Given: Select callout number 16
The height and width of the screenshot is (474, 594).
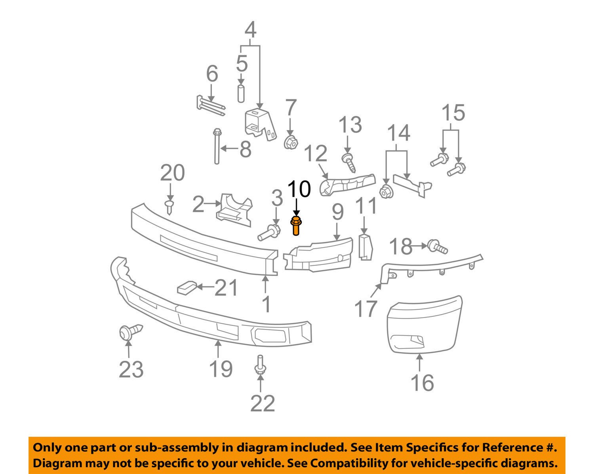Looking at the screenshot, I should [422, 383].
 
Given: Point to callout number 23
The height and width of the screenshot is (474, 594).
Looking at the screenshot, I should [131, 369].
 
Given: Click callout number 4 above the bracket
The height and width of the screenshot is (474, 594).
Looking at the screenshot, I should [251, 30].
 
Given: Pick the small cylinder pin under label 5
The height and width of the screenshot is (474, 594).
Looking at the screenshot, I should [241, 93].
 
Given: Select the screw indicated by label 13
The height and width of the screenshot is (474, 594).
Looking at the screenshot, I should [348, 162].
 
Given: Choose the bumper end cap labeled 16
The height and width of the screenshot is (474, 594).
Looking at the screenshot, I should [424, 324].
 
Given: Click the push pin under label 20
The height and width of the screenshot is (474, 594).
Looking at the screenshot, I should [170, 206].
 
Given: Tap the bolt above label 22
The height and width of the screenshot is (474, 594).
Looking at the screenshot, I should [260, 364].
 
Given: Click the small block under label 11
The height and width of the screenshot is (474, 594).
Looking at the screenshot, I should [365, 247].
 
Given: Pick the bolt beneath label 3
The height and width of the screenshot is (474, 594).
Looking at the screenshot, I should [269, 232].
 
